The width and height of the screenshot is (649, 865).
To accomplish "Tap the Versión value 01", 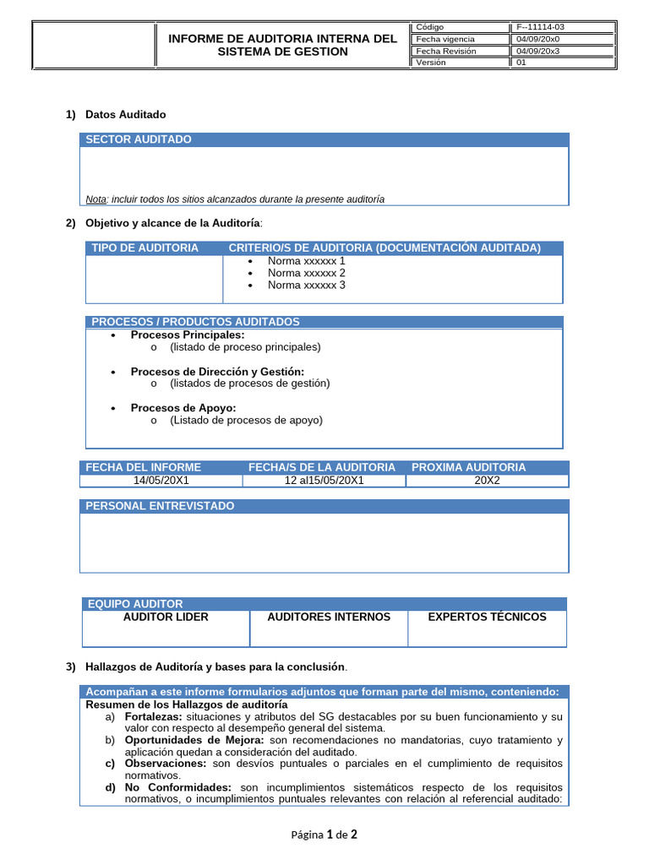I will (x=521, y=63).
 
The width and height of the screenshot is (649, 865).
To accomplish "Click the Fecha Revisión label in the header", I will (x=446, y=51).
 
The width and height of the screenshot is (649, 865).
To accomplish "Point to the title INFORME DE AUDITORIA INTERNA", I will (x=282, y=39).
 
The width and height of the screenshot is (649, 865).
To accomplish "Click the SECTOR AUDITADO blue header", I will (x=139, y=139).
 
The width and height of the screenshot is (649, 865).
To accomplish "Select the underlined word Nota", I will (x=95, y=199).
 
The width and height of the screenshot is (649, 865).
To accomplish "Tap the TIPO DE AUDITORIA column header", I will (x=145, y=248).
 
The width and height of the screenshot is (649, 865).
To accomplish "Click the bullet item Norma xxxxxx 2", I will (x=306, y=273).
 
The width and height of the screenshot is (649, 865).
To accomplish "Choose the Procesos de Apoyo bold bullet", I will (x=183, y=408).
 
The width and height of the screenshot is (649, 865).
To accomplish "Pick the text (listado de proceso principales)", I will (x=245, y=346).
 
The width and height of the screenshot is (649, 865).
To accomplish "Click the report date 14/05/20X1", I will (x=161, y=481).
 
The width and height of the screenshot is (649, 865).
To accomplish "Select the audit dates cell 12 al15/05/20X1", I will (x=324, y=481).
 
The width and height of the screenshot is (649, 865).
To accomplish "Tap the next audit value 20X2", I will (x=487, y=481).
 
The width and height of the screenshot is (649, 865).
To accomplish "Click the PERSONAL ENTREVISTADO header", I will (x=160, y=506).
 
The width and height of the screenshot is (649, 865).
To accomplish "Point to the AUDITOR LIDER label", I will (x=166, y=617).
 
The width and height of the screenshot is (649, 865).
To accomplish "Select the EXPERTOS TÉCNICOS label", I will (x=487, y=617).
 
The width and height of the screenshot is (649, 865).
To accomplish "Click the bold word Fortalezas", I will (x=153, y=716).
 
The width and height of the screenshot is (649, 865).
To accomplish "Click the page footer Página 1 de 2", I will (x=324, y=835).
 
